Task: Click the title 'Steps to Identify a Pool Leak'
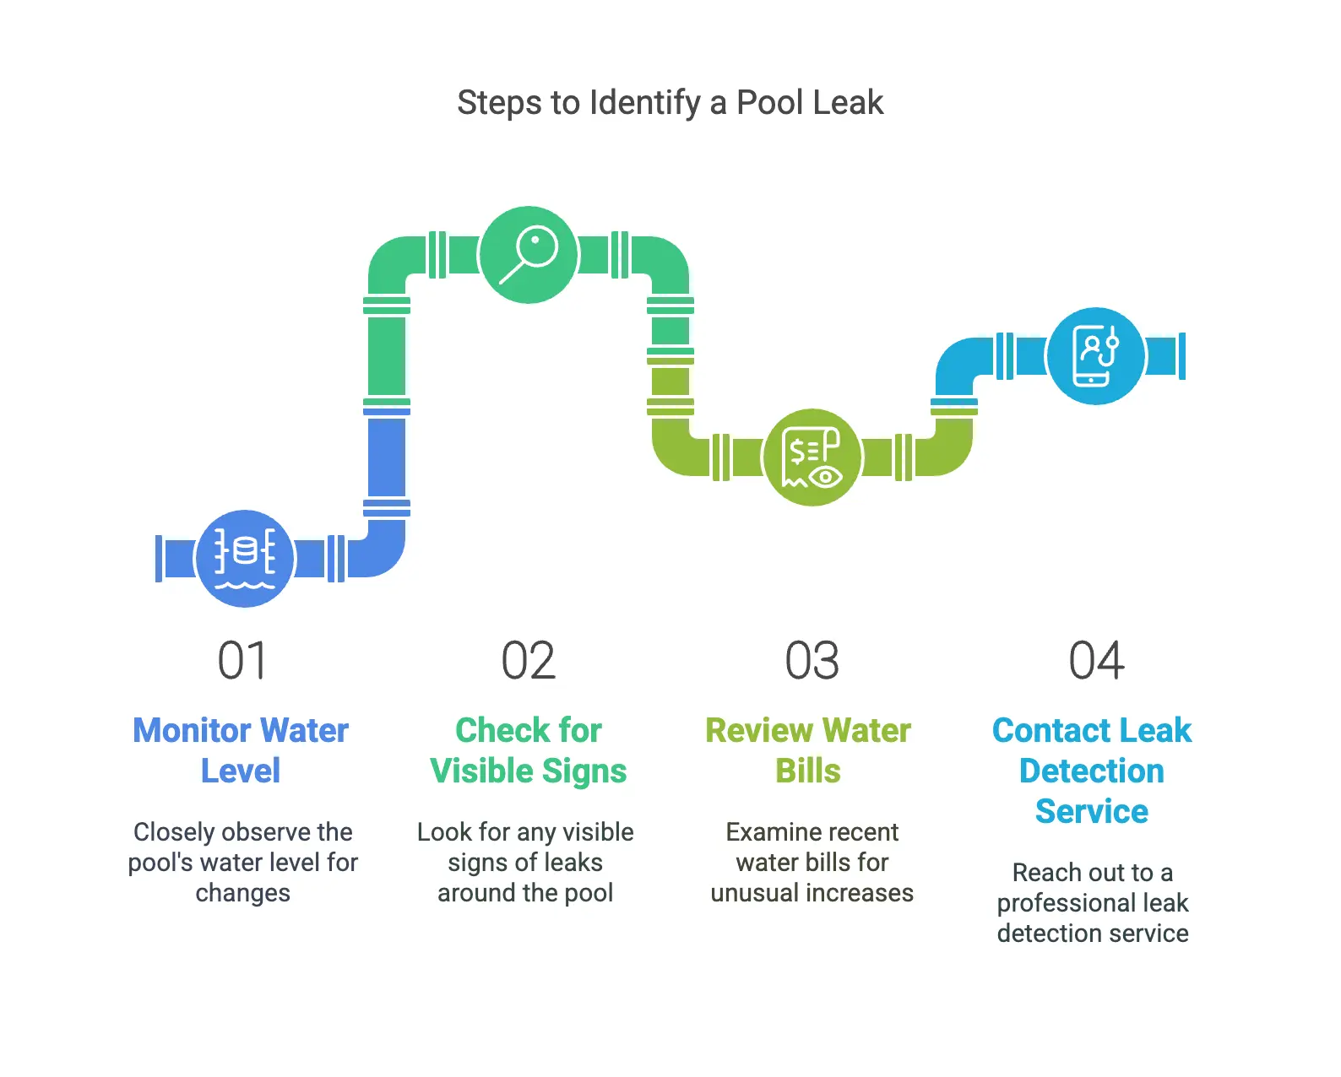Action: [670, 103]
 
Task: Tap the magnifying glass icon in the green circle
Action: [529, 254]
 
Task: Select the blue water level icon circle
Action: [245, 558]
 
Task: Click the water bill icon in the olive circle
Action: [812, 457]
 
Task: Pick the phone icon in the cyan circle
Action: [1095, 355]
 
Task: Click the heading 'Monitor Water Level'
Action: [241, 750]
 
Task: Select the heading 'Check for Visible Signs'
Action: [528, 750]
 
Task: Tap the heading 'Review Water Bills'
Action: [808, 750]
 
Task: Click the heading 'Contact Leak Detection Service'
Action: [1092, 770]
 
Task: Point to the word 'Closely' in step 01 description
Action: [174, 832]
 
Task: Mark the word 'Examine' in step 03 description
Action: [768, 832]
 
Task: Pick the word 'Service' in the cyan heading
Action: [1092, 811]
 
